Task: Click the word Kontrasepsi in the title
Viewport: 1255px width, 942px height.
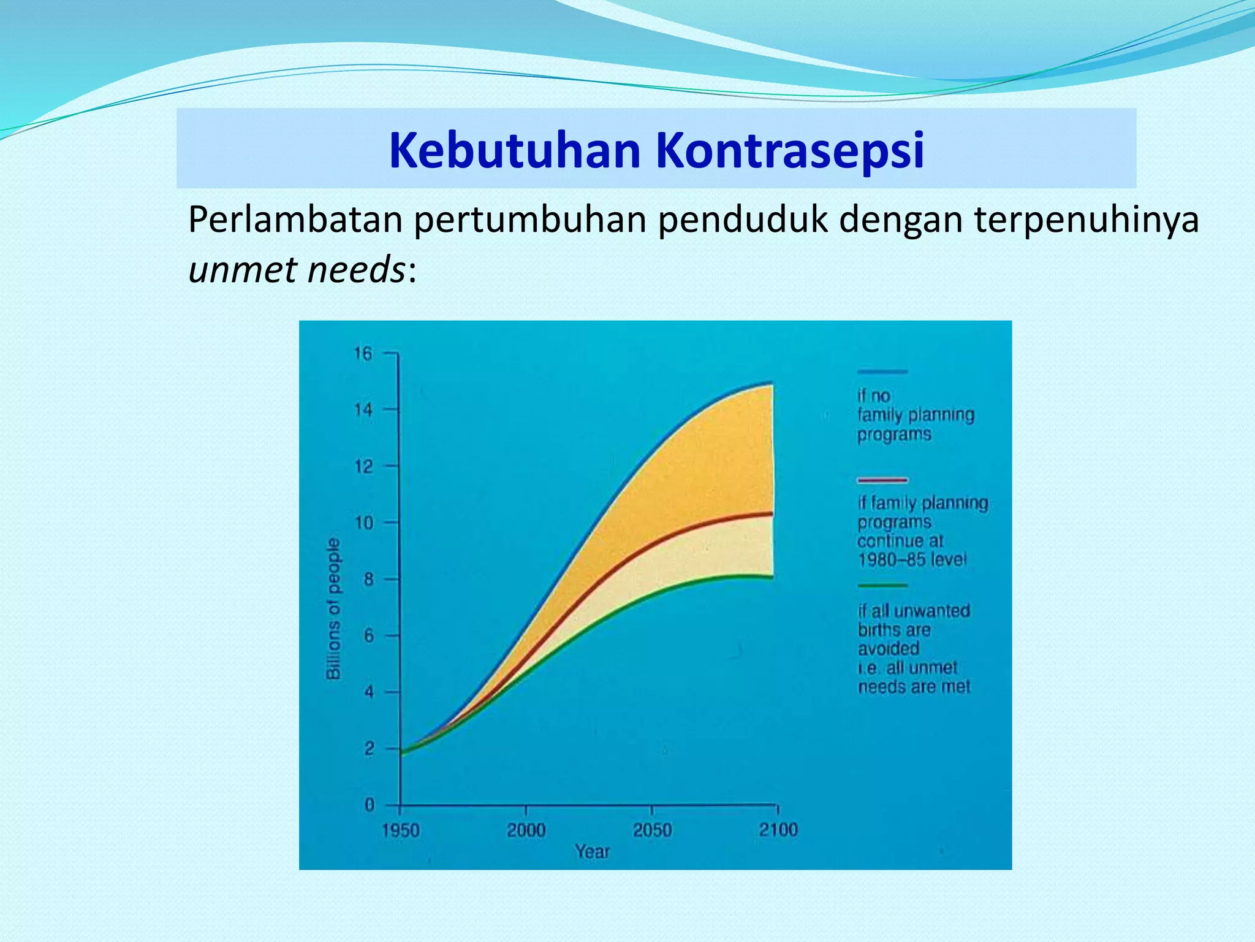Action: (x=790, y=150)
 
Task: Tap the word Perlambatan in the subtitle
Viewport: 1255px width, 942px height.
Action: (x=294, y=220)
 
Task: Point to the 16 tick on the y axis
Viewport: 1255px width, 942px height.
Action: (x=363, y=354)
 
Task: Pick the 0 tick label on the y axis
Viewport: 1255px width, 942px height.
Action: (x=370, y=805)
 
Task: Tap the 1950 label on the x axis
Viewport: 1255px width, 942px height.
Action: (x=400, y=831)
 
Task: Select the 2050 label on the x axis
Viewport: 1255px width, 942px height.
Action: (x=652, y=831)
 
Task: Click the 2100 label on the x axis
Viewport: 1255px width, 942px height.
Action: (x=778, y=830)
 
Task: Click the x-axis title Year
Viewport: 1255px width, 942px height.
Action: (x=592, y=852)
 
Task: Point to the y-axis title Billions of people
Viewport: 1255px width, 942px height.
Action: (x=333, y=609)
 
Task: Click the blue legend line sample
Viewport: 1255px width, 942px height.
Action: (x=882, y=372)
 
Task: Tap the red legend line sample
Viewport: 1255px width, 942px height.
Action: (x=882, y=480)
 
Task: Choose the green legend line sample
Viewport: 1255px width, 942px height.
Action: (x=882, y=586)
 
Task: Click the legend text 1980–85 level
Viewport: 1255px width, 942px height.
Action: (x=911, y=560)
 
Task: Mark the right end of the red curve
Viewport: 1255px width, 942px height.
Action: (x=772, y=513)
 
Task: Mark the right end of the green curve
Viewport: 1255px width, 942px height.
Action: (x=772, y=576)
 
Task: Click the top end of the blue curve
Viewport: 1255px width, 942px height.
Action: (x=771, y=384)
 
